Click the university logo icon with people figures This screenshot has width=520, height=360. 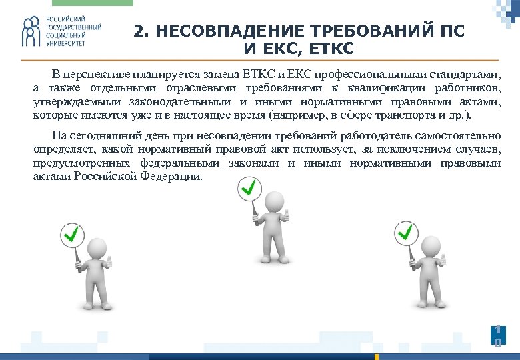click(31, 33)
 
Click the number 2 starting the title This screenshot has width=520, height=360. click(137, 31)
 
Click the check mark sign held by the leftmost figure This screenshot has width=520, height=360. click(72, 233)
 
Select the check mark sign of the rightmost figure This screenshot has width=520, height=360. click(405, 232)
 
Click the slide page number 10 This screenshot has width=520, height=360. click(497, 335)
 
